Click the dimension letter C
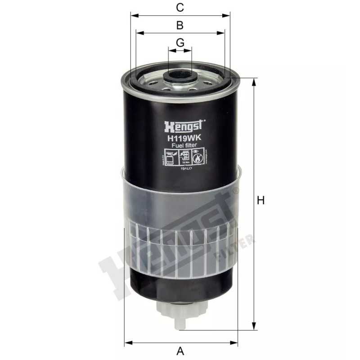[x=180, y=7]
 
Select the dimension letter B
[x=180, y=25]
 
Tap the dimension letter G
[x=180, y=43]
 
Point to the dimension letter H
[x=260, y=201]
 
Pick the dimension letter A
[x=180, y=350]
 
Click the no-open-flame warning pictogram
[x=197, y=157]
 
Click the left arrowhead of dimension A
[x=127, y=340]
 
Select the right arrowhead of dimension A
[x=237, y=340]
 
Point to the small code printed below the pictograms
[x=186, y=168]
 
